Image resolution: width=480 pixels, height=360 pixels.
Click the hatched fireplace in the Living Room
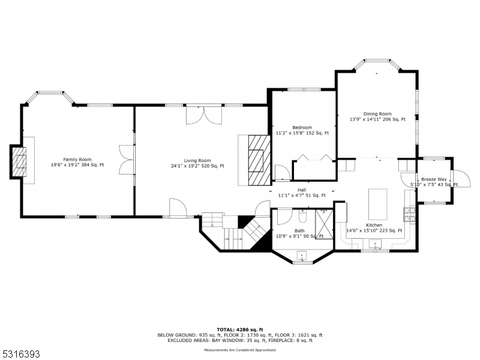pos(259,161)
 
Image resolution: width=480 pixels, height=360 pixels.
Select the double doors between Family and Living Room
pos(127,160)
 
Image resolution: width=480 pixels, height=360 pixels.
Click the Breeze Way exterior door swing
pos(458,179)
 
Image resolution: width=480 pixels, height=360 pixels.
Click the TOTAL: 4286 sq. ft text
pos(239,329)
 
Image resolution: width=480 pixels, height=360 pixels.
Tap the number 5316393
pos(21,355)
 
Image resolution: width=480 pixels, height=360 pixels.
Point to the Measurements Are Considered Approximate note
pos(240,349)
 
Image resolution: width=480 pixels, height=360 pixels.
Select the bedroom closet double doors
pos(313,159)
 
